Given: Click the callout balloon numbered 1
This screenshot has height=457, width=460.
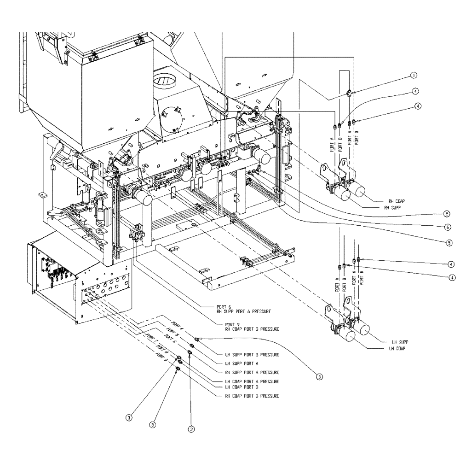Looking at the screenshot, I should (x=414, y=75).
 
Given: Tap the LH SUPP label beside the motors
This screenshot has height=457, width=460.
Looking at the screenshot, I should (x=400, y=342).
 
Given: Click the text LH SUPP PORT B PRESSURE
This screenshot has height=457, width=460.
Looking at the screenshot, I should (x=251, y=355).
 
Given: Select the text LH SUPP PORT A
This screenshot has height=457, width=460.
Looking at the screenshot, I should (x=240, y=363).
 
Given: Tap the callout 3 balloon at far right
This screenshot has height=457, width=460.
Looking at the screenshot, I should (x=319, y=376).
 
